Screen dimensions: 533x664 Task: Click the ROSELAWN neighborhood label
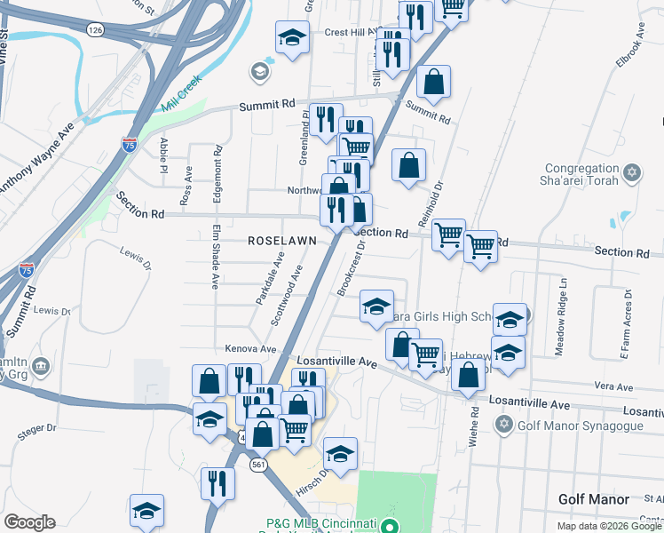[279, 241]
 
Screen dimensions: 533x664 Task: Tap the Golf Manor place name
[594, 500]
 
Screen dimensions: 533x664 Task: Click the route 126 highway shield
[95, 29]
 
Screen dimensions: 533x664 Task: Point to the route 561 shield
[258, 465]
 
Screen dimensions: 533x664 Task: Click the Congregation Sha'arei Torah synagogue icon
[632, 171]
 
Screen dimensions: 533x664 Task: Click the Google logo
[29, 522]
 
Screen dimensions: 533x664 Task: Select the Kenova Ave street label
[251, 349]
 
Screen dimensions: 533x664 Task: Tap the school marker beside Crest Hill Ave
[291, 37]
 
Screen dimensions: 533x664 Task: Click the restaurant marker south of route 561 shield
[217, 482]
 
